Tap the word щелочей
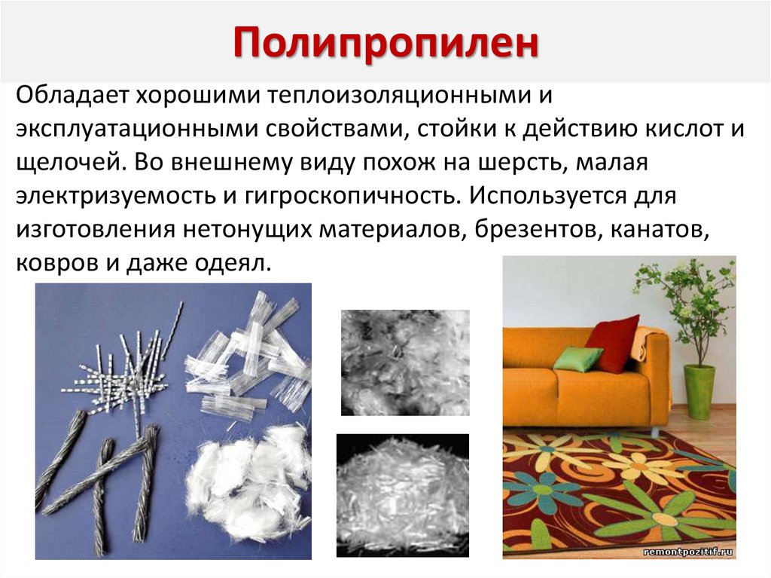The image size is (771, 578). [x=65, y=162]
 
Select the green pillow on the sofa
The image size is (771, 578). [x=577, y=358]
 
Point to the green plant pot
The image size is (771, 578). [x=699, y=391]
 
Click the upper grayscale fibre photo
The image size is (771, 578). [x=404, y=362]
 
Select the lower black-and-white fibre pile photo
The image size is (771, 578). [x=402, y=493]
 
